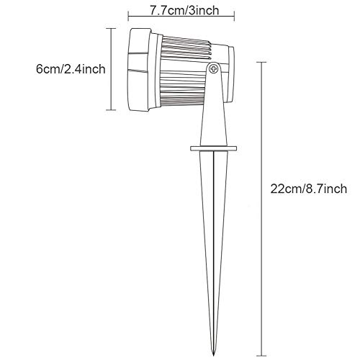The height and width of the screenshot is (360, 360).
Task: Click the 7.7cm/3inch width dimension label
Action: tap(184, 11)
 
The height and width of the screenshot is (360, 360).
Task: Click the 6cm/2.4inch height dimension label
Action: tap(71, 69)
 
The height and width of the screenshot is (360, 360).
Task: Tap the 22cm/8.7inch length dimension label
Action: tap(309, 189)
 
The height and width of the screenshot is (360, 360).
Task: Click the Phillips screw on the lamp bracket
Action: tap(213, 69)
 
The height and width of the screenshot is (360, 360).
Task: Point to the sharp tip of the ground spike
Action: tap(213, 355)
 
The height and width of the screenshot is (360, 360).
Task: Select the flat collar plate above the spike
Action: tap(214, 148)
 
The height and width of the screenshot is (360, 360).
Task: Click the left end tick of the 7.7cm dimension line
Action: tap(128, 16)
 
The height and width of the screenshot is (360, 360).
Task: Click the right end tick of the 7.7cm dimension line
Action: tap(234, 16)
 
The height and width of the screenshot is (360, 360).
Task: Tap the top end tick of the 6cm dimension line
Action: tap(111, 28)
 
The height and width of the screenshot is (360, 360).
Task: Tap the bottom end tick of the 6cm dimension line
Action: tap(111, 110)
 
